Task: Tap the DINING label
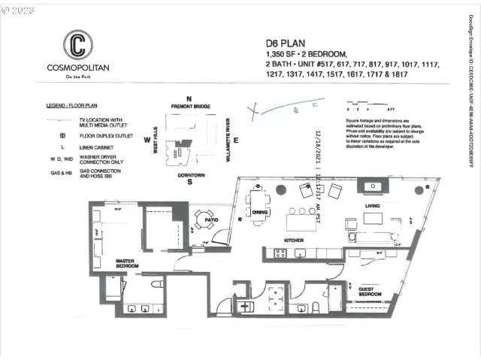point(261,213)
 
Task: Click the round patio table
point(203,219)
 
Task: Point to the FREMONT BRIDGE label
point(189,107)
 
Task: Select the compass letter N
point(189,99)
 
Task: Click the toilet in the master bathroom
point(156,286)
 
